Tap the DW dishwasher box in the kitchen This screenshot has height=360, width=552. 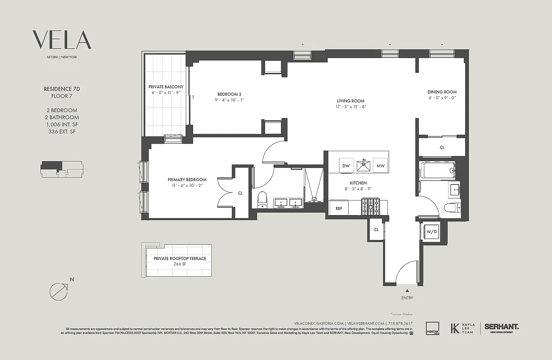point(346,166)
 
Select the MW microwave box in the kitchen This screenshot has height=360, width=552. point(381,166)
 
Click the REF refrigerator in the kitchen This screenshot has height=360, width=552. point(339,208)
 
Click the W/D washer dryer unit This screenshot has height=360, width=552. point(431,232)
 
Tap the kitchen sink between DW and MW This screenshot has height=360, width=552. point(363,165)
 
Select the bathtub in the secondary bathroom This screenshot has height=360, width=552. point(437,171)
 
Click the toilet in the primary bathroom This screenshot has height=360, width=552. point(262,200)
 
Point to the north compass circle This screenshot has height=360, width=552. point(58,291)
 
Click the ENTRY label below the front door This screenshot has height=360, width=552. point(407,298)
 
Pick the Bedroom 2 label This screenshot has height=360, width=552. point(229,94)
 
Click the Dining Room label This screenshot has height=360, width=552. point(442,92)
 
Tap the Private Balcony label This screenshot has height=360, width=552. point(166,86)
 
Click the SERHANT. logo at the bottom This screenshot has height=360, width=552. point(501,327)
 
